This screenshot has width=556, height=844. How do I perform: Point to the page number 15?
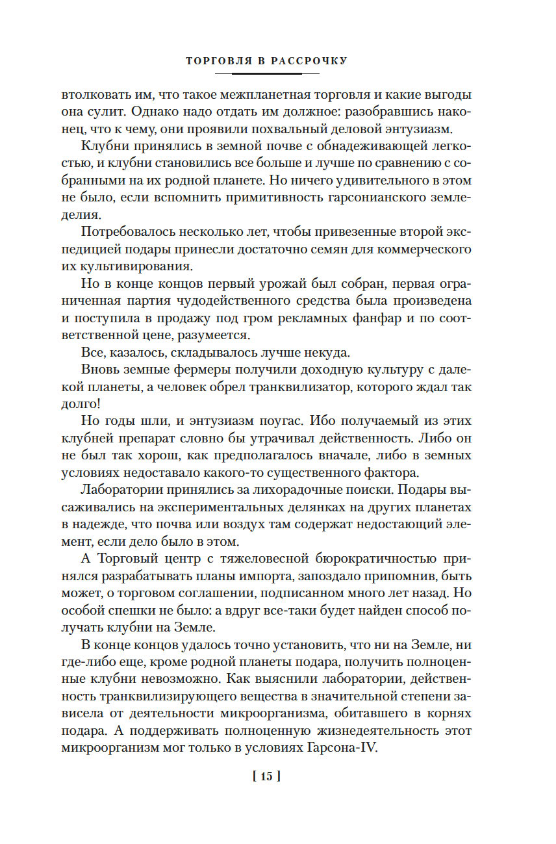266,776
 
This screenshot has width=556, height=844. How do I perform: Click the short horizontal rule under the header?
266,73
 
